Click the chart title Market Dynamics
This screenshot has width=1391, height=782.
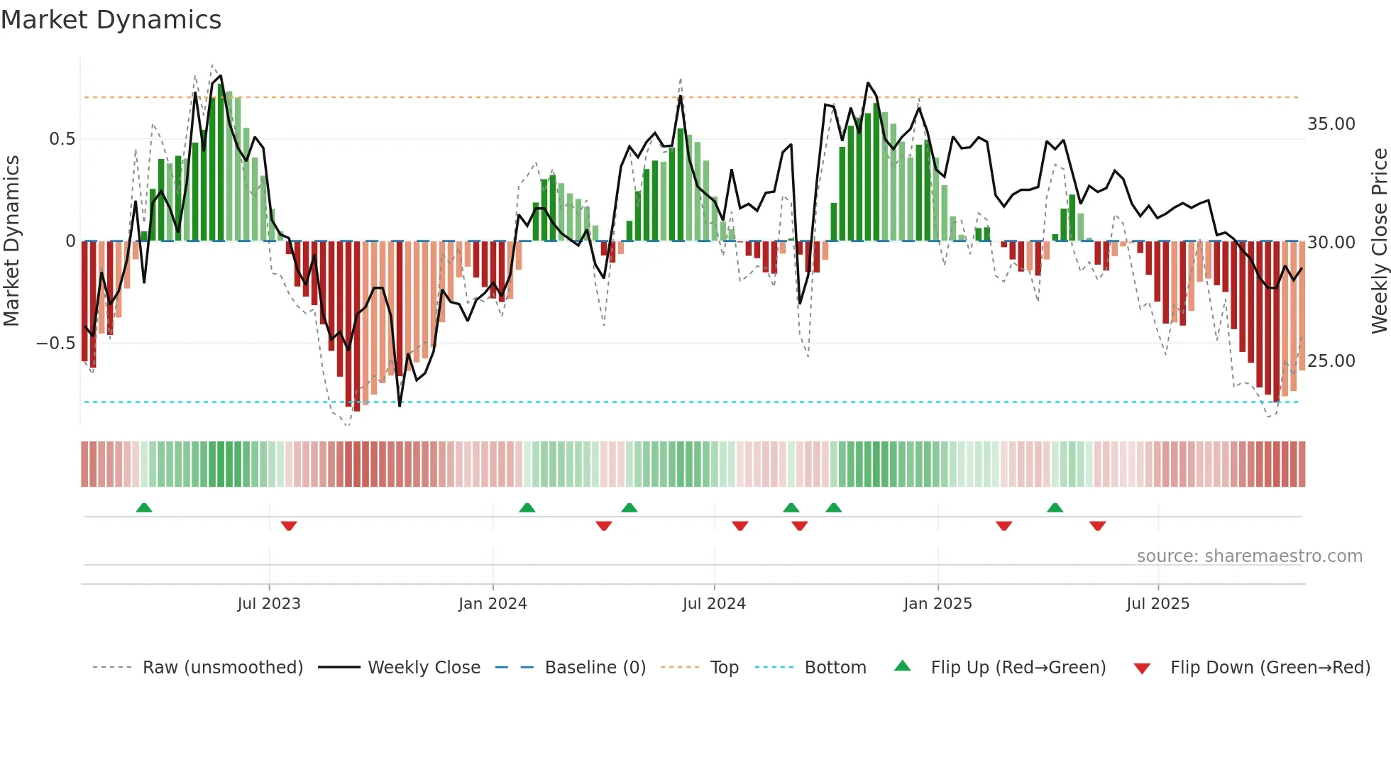(111, 20)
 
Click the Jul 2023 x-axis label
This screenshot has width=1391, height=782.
(269, 604)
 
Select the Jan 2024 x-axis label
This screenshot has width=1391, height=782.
(493, 604)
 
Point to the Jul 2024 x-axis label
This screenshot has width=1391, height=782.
(714, 604)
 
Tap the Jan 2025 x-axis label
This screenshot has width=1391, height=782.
(938, 604)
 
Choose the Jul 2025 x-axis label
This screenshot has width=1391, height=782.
(1158, 604)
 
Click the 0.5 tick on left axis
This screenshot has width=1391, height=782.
(62, 139)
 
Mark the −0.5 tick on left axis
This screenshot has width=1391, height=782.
(55, 343)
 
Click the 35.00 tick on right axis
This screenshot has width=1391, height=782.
(1331, 124)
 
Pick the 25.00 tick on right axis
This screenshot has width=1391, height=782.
(1331, 361)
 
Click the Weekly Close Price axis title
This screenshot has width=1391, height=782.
(1379, 241)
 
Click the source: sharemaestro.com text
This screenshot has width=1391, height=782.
(1249, 556)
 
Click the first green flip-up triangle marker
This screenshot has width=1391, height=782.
(144, 507)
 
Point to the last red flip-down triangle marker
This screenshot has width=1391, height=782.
(1097, 526)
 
